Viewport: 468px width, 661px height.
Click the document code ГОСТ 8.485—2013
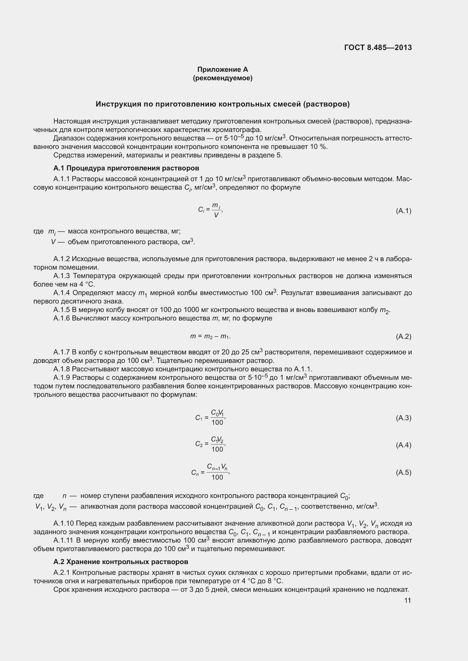pyautogui.click(x=378, y=47)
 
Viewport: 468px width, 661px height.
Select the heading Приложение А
pyautogui.click(x=222, y=70)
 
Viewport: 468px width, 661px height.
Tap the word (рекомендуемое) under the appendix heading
pyautogui.click(x=222, y=78)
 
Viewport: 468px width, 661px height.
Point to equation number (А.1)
pyautogui.click(x=403, y=211)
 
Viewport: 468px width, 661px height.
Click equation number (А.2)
pyautogui.click(x=403, y=336)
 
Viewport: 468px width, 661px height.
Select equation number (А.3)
pyautogui.click(x=403, y=418)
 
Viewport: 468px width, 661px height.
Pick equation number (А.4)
pyautogui.click(x=403, y=445)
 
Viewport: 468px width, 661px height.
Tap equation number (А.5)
pyautogui.click(x=403, y=473)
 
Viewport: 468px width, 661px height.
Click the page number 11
pyautogui.click(x=407, y=600)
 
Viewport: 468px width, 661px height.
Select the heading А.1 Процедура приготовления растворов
pyautogui.click(x=126, y=168)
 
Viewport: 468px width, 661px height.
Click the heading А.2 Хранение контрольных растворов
pyautogui.click(x=121, y=562)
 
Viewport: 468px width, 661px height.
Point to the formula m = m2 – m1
pyautogui.click(x=210, y=336)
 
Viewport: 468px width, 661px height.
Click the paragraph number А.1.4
pyautogui.click(x=62, y=293)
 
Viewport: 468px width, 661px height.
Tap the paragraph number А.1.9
pyautogui.click(x=62, y=378)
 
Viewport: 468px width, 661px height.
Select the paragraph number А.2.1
pyautogui.click(x=62, y=573)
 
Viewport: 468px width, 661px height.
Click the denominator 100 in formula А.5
pyautogui.click(x=217, y=477)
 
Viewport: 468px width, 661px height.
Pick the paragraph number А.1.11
pyautogui.click(x=63, y=540)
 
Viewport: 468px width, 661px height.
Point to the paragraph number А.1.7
pyautogui.click(x=62, y=352)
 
